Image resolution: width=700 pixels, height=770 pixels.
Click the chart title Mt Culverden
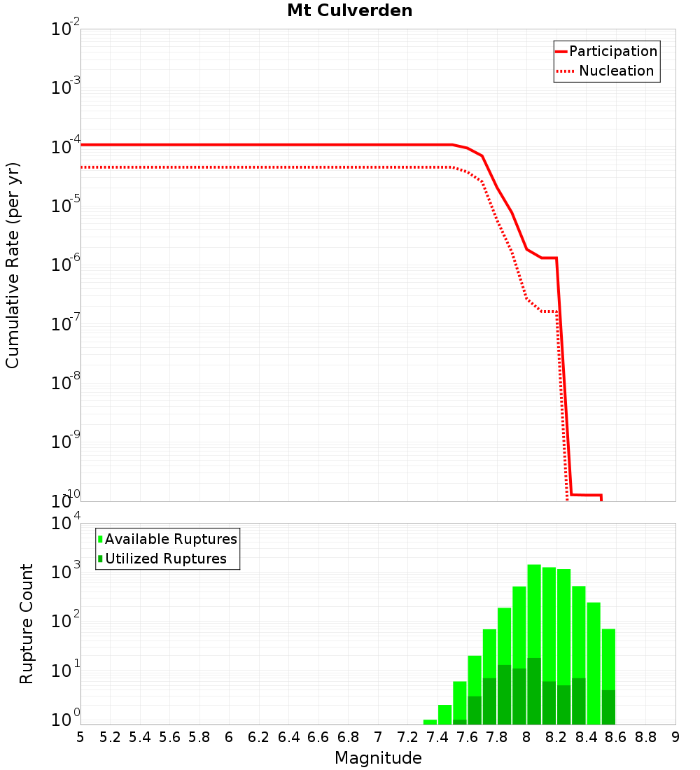(x=350, y=11)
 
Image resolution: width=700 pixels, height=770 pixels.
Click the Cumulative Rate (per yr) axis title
(x=13, y=265)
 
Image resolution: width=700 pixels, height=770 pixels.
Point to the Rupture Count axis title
(x=27, y=623)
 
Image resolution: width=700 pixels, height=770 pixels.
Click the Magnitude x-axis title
(x=378, y=757)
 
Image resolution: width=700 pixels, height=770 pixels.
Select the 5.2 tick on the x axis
(x=110, y=737)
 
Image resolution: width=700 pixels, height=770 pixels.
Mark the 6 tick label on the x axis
(x=229, y=737)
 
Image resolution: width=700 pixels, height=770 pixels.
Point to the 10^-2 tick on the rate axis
(x=66, y=29)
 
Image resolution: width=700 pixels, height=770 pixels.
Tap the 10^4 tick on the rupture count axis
(x=66, y=523)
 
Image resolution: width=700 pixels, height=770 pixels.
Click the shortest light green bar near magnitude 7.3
(x=430, y=722)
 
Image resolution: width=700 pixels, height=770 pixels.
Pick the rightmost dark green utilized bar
(x=608, y=707)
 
